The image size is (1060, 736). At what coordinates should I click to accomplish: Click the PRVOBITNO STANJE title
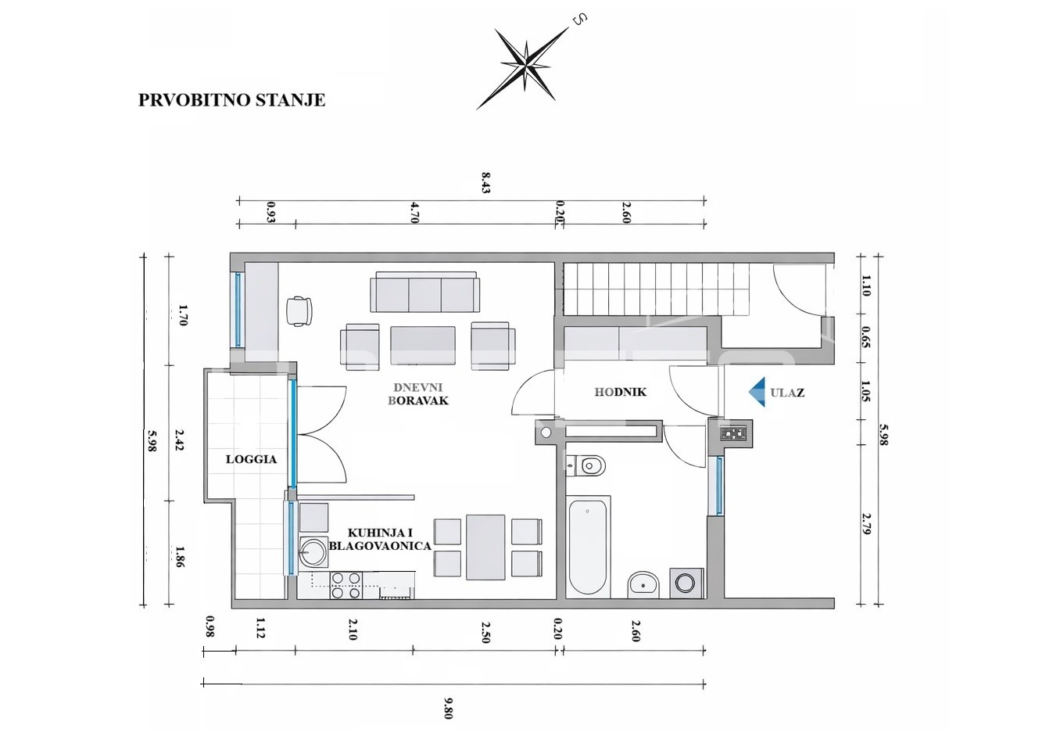pyautogui.click(x=231, y=100)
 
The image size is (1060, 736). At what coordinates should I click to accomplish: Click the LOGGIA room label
pyautogui.click(x=251, y=459)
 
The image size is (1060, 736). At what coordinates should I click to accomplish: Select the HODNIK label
pyautogui.click(x=620, y=392)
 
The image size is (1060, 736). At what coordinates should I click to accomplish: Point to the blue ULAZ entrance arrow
pyautogui.click(x=757, y=392)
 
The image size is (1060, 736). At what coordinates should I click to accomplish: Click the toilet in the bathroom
pyautogui.click(x=586, y=466)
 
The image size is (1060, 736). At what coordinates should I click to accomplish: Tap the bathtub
pyautogui.click(x=587, y=547)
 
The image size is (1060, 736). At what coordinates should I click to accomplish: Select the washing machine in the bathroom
pyautogui.click(x=686, y=583)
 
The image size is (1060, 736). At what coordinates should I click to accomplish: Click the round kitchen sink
pyautogui.click(x=313, y=551)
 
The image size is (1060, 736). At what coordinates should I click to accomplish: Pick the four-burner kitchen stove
pyautogui.click(x=346, y=585)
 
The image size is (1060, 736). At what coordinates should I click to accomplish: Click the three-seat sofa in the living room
pyautogui.click(x=424, y=292)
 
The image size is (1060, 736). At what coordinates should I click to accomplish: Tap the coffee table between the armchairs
pyautogui.click(x=423, y=345)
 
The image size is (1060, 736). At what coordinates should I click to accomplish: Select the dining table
pyautogui.click(x=485, y=547)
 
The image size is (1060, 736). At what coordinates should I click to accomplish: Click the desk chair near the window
pyautogui.click(x=299, y=311)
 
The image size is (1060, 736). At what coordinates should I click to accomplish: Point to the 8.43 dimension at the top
pyautogui.click(x=485, y=182)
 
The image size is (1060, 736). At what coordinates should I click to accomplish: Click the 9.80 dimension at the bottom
pyautogui.click(x=448, y=708)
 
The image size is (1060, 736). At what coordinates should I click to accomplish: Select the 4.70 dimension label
pyautogui.click(x=414, y=213)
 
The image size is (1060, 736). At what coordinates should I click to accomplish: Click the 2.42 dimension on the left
pyautogui.click(x=179, y=440)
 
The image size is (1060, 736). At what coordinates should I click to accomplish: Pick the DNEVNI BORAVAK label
pyautogui.click(x=418, y=394)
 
